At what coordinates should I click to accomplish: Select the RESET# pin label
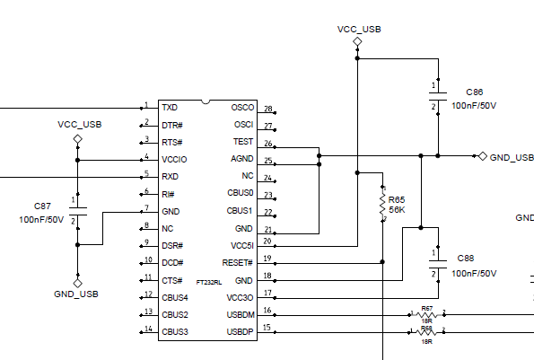point(238,262)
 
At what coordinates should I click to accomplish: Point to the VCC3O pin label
point(240,297)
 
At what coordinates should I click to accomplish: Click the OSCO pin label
point(242,107)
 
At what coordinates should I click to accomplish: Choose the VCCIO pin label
point(174,159)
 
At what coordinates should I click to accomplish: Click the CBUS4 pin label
point(175,297)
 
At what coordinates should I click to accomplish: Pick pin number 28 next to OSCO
point(267,109)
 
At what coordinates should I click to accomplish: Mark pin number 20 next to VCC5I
point(267,241)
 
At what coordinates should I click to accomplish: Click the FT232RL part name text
point(209,282)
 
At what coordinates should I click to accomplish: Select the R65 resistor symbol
point(383,205)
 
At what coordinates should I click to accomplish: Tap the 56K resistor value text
point(397,210)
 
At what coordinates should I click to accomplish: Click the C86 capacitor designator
point(475,92)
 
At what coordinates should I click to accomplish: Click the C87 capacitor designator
point(42,206)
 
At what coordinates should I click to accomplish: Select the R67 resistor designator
point(427,308)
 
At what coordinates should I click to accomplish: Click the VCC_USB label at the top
point(359,29)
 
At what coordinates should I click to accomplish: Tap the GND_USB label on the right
point(512,157)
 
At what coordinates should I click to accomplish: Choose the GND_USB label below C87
point(76,294)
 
